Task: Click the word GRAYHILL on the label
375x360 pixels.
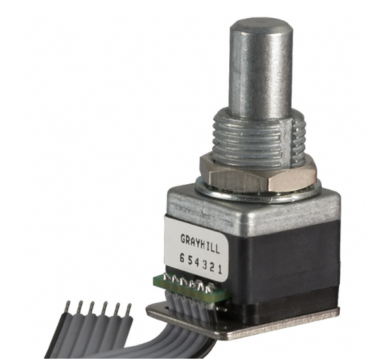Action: (199, 243)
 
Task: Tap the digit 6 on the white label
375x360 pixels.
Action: (182, 259)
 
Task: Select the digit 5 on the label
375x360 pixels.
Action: (190, 261)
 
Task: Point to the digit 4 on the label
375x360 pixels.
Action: (197, 262)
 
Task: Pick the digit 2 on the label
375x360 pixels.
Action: (212, 268)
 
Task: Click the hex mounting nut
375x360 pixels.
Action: (258, 173)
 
